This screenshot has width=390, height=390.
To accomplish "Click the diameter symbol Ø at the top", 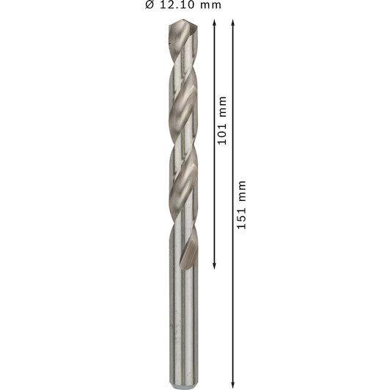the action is (x=150, y=4).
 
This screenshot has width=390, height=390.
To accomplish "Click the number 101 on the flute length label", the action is (x=222, y=134).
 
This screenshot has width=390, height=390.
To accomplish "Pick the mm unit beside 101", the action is (x=223, y=107).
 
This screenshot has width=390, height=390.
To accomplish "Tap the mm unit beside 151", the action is (x=242, y=191).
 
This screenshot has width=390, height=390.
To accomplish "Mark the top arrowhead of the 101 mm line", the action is (x=214, y=23).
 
